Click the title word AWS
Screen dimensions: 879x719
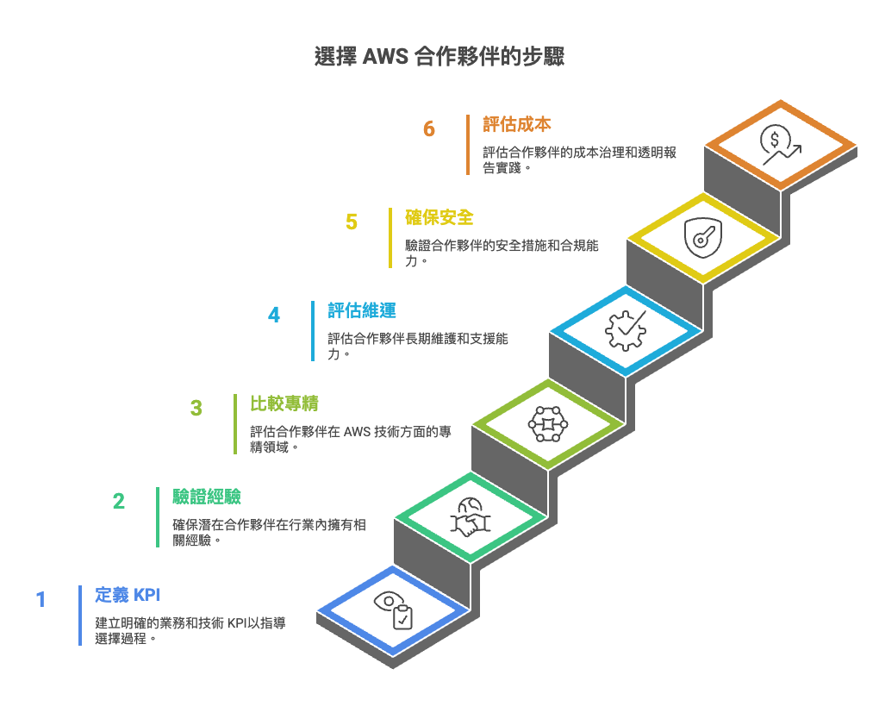tap(385, 57)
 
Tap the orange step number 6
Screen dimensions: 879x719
tap(429, 129)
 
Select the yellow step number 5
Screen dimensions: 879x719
tap(352, 222)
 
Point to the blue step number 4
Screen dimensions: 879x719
tap(273, 316)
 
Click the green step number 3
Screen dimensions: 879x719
tap(196, 409)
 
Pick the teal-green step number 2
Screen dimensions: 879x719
tap(118, 502)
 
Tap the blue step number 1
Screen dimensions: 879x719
tap(41, 599)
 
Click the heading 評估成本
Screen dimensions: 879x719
tap(517, 124)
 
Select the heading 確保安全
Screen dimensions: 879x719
tap(439, 217)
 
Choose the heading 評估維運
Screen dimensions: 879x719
tap(362, 310)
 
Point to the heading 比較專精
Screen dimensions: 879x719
tap(284, 403)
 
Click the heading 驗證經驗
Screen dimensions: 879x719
tap(207, 497)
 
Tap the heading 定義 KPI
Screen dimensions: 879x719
tap(128, 595)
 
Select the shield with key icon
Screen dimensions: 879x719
tap(703, 238)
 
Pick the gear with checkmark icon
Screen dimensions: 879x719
tap(626, 331)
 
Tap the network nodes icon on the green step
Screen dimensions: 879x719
tap(548, 424)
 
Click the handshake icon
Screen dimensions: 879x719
tap(471, 517)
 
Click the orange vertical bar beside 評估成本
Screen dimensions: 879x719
tap(468, 145)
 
